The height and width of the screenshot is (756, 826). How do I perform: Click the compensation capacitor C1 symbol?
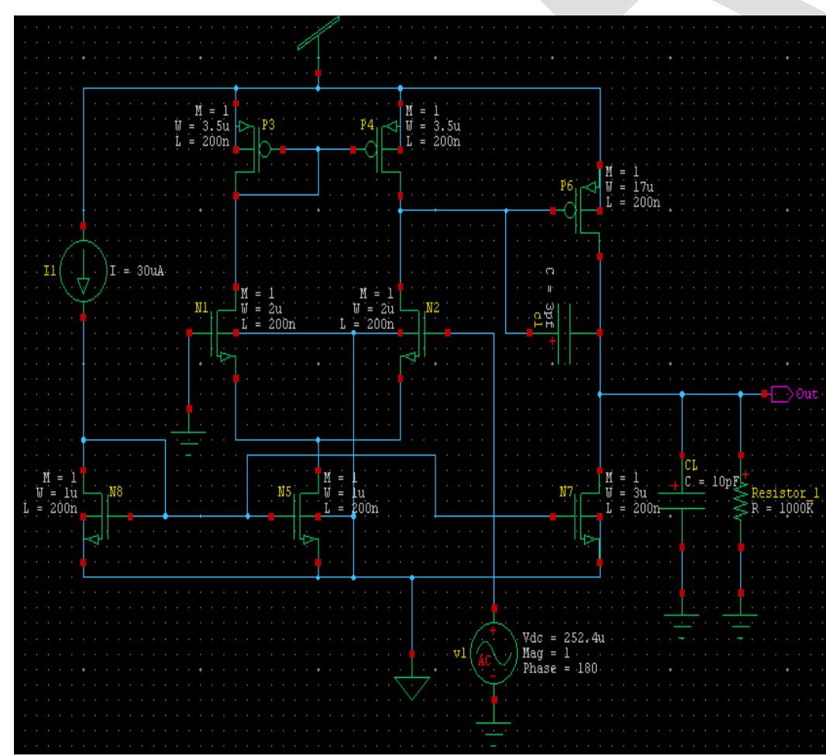(x=566, y=334)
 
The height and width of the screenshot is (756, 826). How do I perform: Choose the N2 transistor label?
(x=432, y=306)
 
